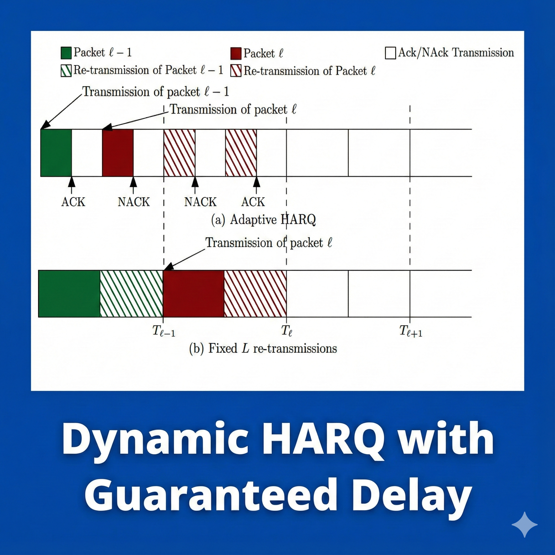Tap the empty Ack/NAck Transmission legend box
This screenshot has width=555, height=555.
[x=390, y=53]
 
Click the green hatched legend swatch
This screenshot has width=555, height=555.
[x=66, y=71]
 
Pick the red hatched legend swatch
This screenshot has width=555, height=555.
[x=235, y=71]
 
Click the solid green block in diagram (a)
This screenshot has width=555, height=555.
[x=56, y=153]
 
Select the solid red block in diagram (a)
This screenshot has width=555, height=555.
[x=118, y=153]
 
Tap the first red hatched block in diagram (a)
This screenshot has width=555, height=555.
[x=179, y=153]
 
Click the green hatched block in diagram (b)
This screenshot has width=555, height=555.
[x=131, y=293]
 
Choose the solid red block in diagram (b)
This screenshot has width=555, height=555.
[x=193, y=293]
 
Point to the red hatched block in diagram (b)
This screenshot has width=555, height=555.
[x=255, y=293]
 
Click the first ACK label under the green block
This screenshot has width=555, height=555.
[x=73, y=202]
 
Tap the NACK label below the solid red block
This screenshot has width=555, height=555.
[x=134, y=202]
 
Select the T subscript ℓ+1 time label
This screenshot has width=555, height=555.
[x=411, y=331]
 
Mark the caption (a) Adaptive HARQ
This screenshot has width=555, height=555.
[x=263, y=220]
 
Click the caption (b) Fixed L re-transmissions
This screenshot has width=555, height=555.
[x=263, y=349]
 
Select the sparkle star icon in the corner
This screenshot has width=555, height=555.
[x=524, y=524]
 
